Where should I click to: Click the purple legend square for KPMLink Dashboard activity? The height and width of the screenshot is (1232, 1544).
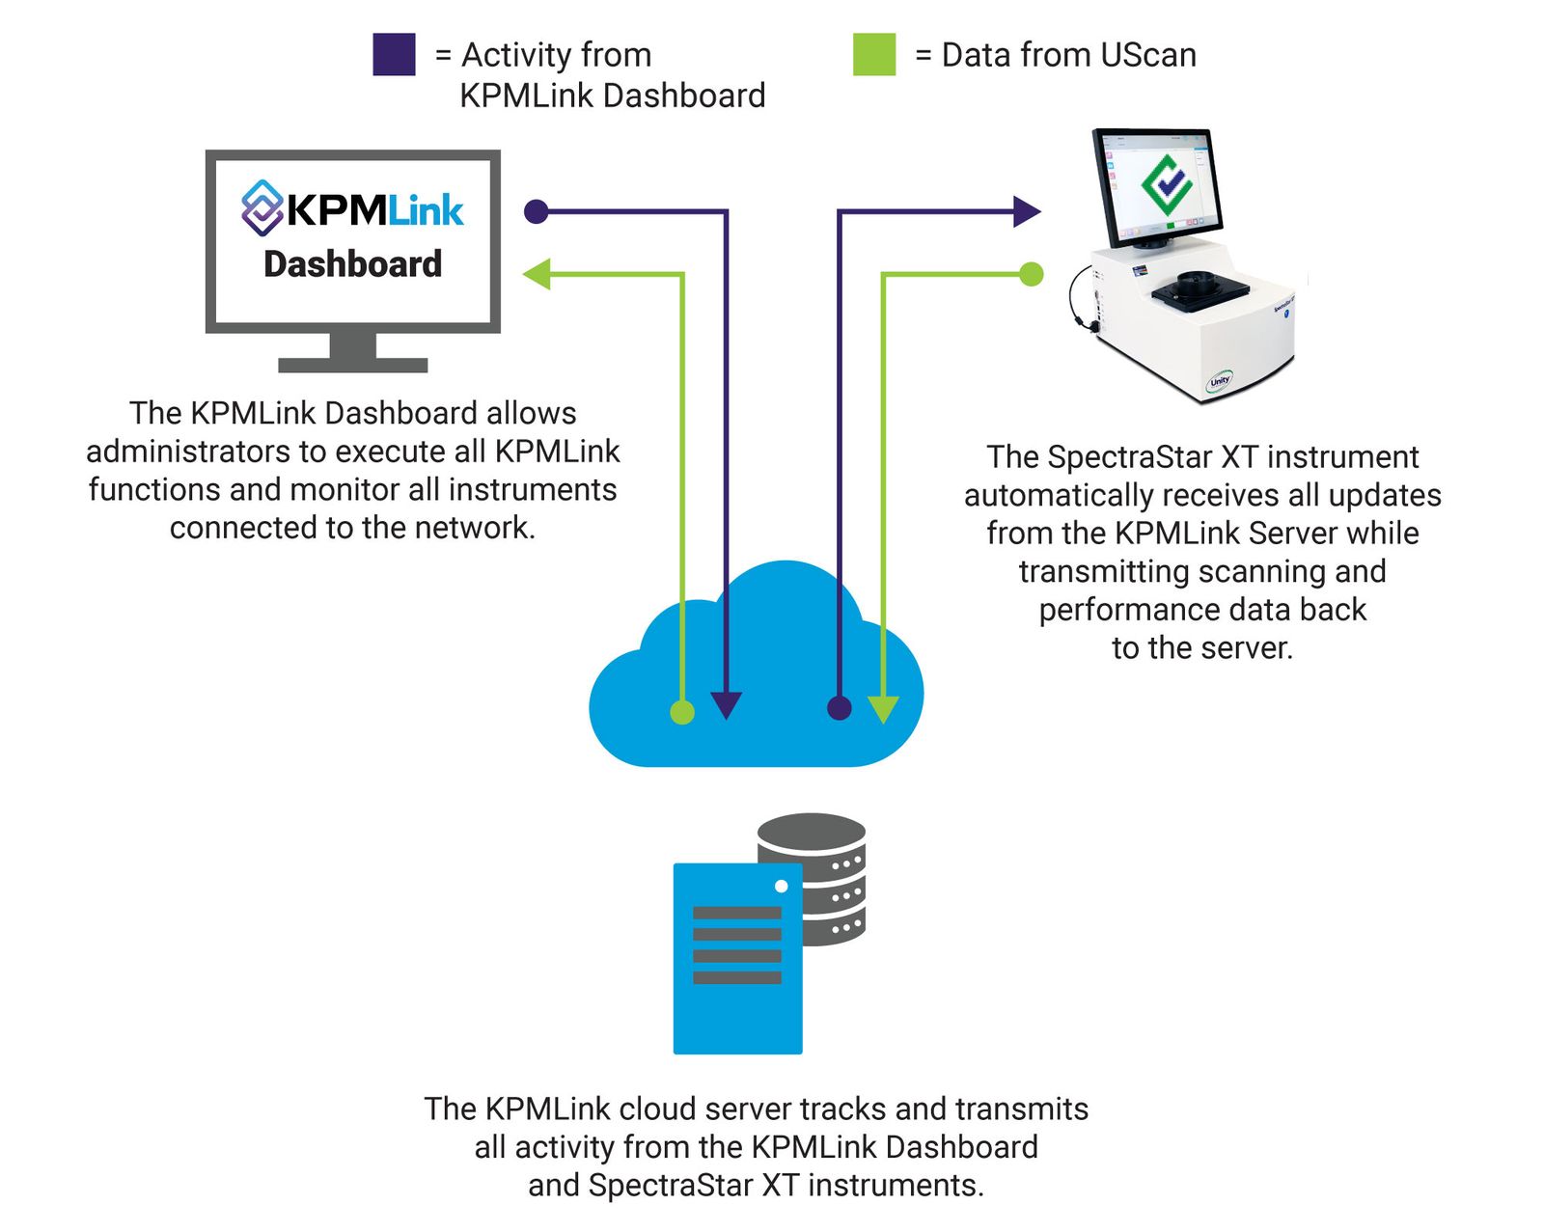394,54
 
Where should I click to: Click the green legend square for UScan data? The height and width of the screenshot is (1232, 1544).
874,54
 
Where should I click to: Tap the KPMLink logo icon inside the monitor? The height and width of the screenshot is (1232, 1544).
262,207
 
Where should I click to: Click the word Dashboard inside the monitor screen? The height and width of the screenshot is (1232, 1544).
352,263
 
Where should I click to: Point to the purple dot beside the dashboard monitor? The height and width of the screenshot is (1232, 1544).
536,211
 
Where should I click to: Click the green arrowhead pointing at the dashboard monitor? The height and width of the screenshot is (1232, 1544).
537,274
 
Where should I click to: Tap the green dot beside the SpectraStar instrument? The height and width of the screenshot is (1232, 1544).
1032,274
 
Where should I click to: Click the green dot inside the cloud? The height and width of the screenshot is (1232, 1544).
682,713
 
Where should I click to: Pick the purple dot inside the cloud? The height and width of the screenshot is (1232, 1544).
840,708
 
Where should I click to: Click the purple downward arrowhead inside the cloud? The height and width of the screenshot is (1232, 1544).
726,705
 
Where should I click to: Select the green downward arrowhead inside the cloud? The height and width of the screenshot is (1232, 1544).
883,709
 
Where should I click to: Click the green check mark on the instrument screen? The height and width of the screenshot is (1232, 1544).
1166,183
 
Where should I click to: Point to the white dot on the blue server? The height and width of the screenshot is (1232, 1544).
781,886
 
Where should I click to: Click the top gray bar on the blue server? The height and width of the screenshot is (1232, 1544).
736,913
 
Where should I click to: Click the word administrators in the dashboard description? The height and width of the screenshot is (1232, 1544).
188,452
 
